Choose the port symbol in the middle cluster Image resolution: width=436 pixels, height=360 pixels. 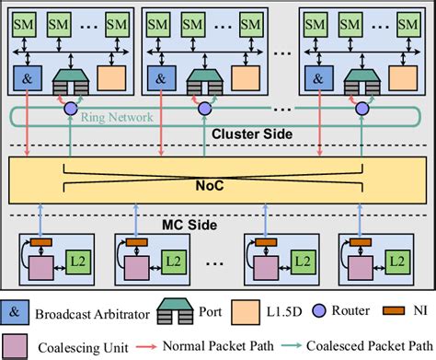(x=201, y=80)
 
